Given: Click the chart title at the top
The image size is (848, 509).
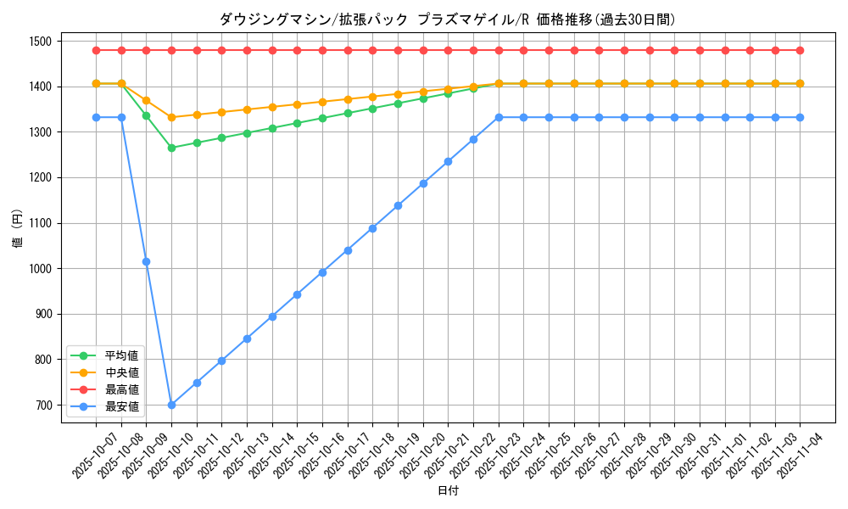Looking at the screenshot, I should [x=447, y=20].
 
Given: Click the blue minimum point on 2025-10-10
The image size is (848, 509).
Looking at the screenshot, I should [x=171, y=405].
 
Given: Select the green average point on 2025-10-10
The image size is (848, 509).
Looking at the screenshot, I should [x=171, y=148].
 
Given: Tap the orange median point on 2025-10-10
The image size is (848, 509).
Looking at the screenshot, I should [x=171, y=117].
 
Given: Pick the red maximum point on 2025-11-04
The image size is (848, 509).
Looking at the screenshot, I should [x=800, y=50].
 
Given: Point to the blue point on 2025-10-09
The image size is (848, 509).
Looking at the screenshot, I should [x=146, y=261].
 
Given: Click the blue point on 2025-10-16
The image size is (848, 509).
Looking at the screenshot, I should [x=322, y=272].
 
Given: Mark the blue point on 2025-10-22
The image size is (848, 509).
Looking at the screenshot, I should [x=473, y=139].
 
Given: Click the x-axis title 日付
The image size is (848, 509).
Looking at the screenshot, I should [x=448, y=491].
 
